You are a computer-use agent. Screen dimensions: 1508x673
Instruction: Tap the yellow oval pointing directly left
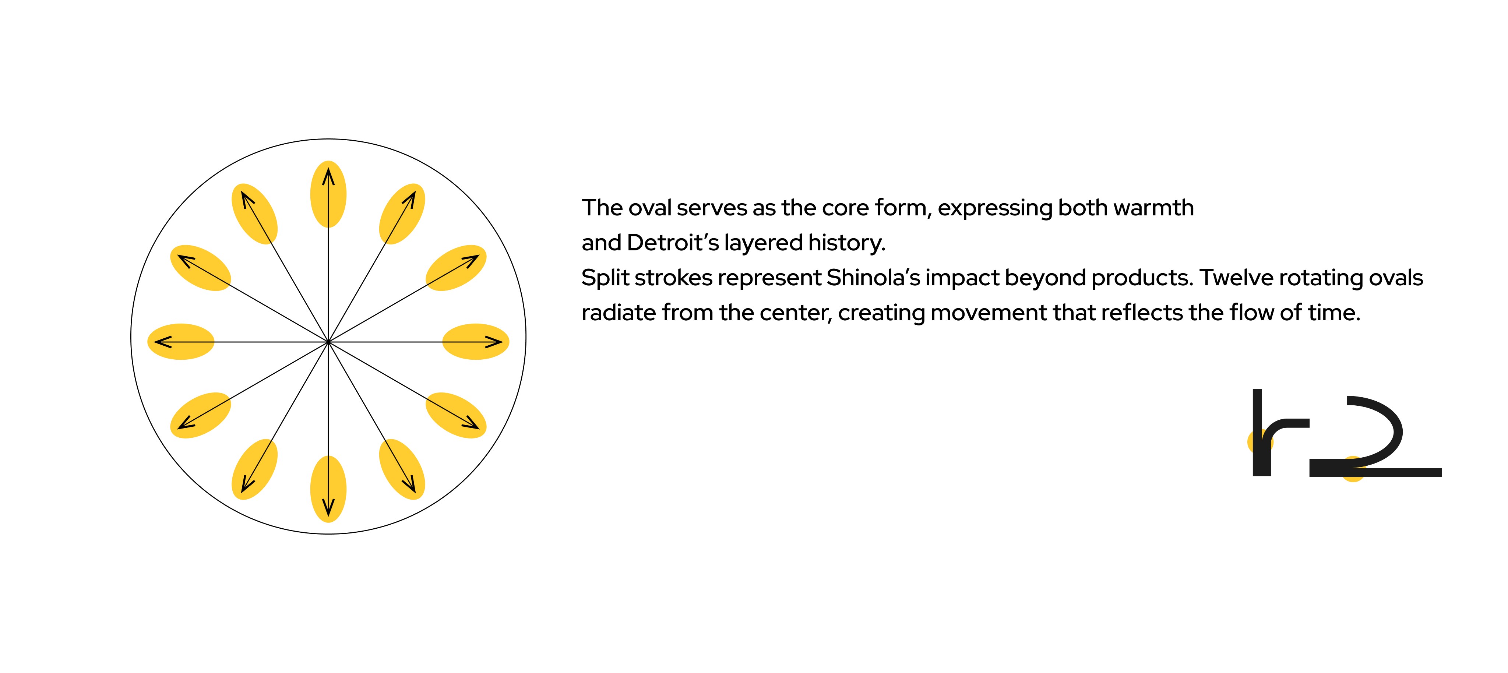pyautogui.click(x=180, y=341)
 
